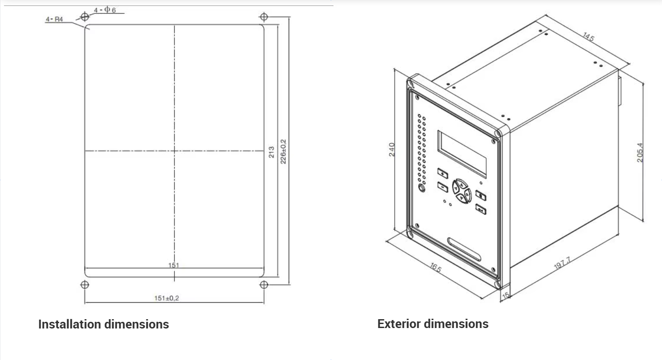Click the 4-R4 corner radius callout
click(x=54, y=19)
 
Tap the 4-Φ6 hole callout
click(x=105, y=10)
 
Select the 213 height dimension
click(x=271, y=152)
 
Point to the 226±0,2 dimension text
click(x=283, y=152)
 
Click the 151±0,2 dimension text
click(x=166, y=298)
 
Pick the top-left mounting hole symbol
click(x=85, y=17)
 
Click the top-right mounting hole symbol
click(x=264, y=17)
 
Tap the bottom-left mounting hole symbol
click(x=85, y=285)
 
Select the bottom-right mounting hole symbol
click(x=264, y=285)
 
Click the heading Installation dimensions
click(x=104, y=324)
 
